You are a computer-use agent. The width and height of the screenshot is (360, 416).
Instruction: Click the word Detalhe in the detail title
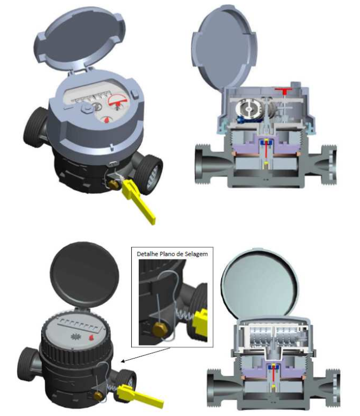(147, 254)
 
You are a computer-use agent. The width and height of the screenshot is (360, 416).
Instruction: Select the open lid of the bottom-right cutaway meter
(260, 283)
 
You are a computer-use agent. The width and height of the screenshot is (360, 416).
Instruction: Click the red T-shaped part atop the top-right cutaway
(284, 90)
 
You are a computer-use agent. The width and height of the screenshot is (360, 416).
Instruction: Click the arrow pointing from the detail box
(145, 354)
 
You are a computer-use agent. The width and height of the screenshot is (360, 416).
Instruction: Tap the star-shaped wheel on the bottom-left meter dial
(76, 337)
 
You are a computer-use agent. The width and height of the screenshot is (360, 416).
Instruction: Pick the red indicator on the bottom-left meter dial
(91, 338)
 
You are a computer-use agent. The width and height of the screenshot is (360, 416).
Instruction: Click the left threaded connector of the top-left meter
(35, 127)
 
